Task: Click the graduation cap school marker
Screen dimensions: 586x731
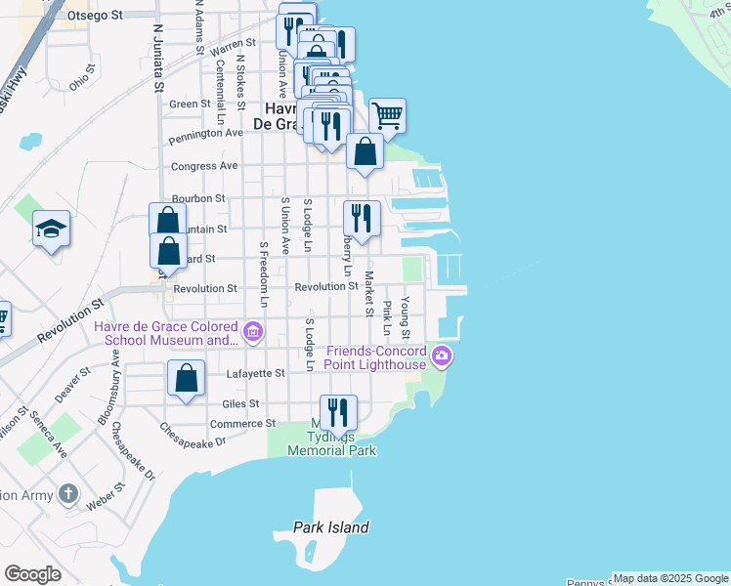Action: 51,229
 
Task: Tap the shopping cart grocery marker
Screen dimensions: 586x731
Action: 387,116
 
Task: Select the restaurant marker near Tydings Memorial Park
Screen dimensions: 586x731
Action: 338,413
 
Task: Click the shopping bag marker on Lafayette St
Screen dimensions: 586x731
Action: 186,378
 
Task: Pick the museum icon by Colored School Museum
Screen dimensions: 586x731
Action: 253,332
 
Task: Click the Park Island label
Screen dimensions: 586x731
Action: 331,527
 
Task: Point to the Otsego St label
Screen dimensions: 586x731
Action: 96,16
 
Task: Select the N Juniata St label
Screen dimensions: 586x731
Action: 157,55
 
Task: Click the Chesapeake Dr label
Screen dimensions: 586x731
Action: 193,435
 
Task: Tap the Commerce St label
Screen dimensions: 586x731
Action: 243,423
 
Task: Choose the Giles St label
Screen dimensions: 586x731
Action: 240,402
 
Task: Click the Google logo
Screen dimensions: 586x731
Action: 32,574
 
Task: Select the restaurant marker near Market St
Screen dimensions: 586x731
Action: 362,218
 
